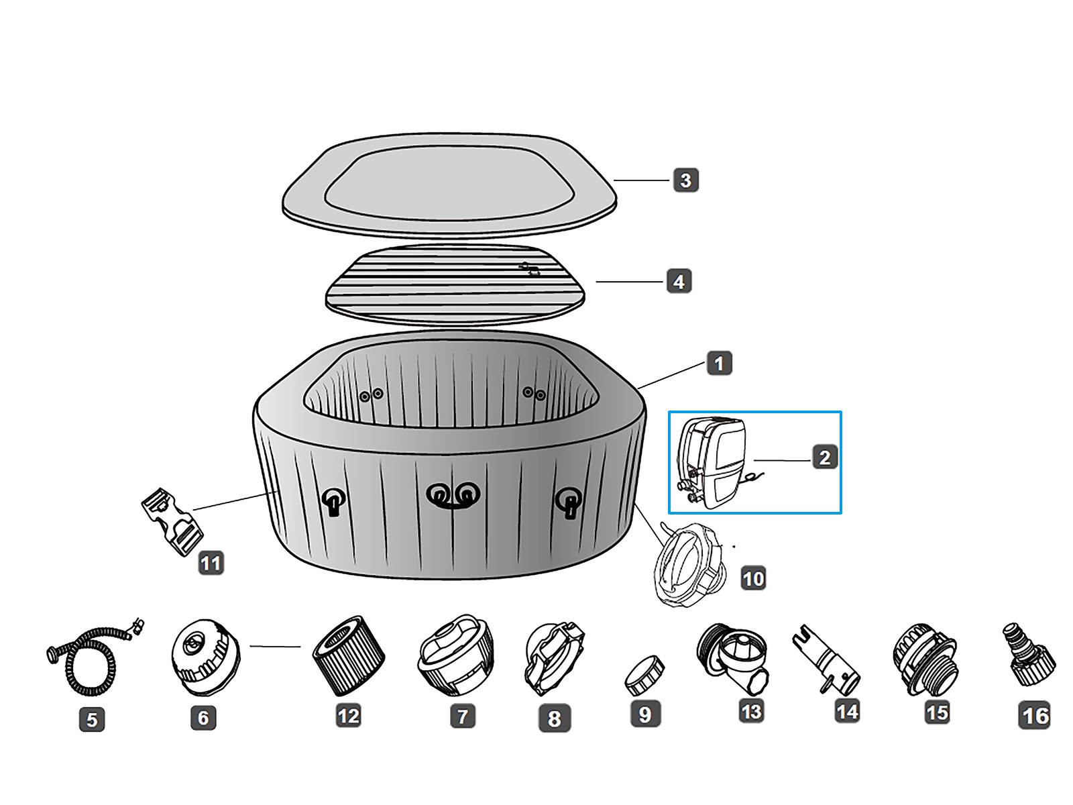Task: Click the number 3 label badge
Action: click(x=685, y=180)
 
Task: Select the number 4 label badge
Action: click(x=679, y=282)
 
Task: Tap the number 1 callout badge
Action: click(x=719, y=364)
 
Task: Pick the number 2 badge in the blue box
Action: click(x=824, y=458)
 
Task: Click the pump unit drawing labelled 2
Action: click(x=713, y=463)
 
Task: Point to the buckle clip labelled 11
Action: click(x=171, y=521)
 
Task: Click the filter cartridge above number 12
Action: click(x=349, y=655)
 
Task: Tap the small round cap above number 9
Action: click(x=644, y=675)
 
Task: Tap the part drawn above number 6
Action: click(x=205, y=654)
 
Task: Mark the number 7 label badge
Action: click(x=462, y=716)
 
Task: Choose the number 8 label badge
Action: click(x=554, y=718)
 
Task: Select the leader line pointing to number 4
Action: click(x=629, y=282)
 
